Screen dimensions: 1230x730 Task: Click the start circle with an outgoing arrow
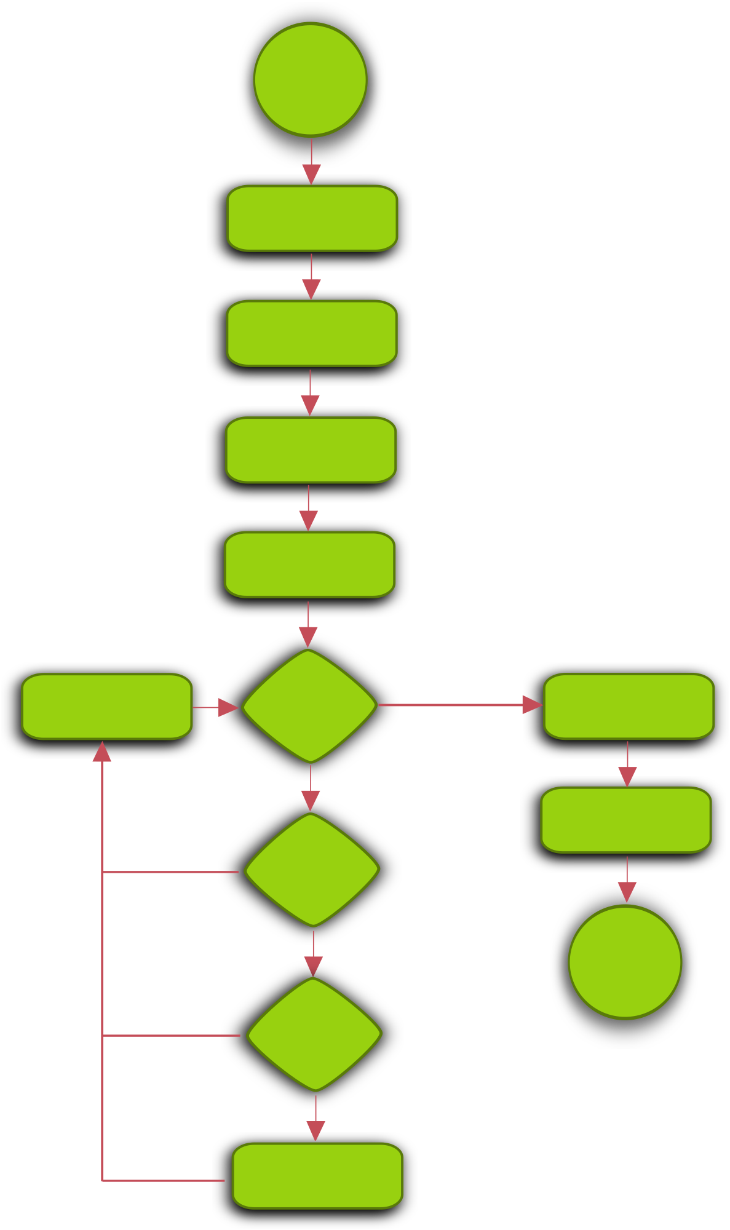click(311, 79)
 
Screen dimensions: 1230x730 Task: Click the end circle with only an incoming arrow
click(625, 962)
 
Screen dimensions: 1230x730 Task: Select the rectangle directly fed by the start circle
click(312, 218)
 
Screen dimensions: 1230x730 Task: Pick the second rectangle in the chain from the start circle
click(312, 333)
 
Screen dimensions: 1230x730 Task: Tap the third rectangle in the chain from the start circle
click(311, 450)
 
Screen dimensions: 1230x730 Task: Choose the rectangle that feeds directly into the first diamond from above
click(309, 565)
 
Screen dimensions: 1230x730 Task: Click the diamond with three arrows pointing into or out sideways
click(309, 706)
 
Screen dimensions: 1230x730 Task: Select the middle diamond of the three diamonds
click(312, 870)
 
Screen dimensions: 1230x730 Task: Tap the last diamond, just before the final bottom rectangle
click(314, 1034)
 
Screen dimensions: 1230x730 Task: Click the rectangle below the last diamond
click(317, 1176)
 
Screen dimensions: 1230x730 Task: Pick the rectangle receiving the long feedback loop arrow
click(107, 706)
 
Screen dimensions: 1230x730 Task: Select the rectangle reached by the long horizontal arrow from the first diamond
click(629, 706)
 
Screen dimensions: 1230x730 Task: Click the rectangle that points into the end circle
click(626, 820)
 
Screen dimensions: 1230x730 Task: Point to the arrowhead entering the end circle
click(627, 892)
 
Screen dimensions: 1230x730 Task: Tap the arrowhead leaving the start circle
click(311, 174)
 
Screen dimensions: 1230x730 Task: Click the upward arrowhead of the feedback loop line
click(102, 752)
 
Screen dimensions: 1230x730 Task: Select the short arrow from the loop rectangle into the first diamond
click(215, 707)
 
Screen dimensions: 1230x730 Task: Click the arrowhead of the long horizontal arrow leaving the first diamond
click(532, 705)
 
